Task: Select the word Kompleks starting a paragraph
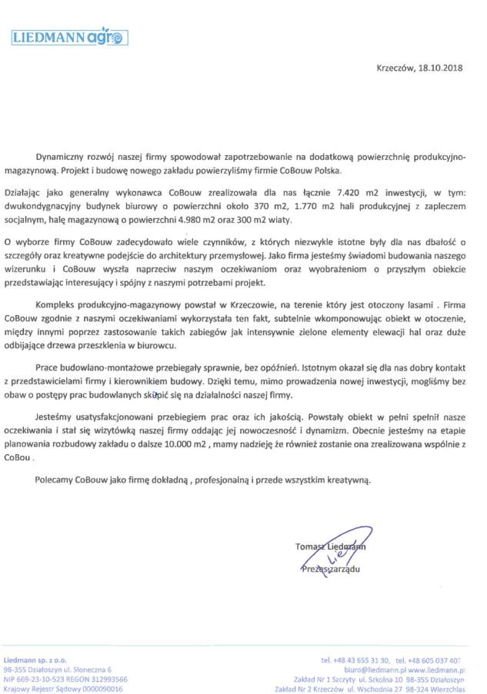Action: tap(57, 317)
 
